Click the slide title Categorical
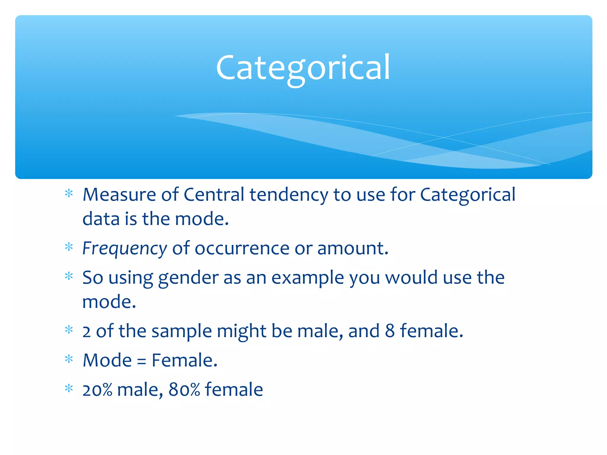[303, 68]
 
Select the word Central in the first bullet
[214, 195]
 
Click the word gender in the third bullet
[188, 278]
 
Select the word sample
[181, 331]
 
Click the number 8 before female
[390, 331]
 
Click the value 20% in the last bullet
[97, 390]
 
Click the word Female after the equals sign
[184, 361]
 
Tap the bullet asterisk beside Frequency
[69, 247]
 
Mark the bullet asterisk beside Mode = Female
[69, 359]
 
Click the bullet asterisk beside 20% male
[69, 388]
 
